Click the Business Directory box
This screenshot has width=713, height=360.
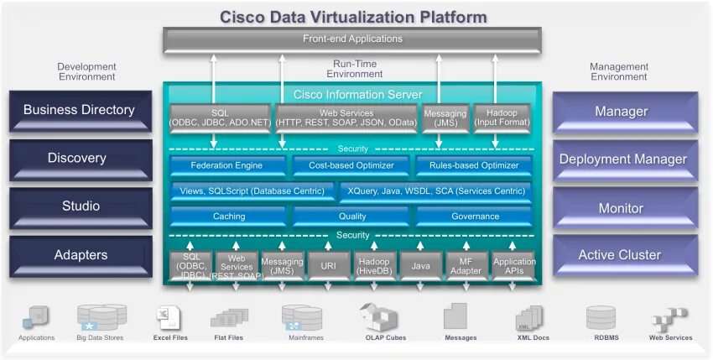click(x=79, y=110)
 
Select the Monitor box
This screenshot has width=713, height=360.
click(x=621, y=208)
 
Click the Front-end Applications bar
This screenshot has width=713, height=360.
click(x=352, y=39)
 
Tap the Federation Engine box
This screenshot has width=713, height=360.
click(x=226, y=166)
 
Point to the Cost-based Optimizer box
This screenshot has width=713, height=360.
click(x=351, y=166)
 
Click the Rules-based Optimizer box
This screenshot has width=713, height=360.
click(x=474, y=166)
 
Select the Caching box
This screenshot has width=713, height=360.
click(x=228, y=217)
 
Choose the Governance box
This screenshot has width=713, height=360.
click(x=475, y=217)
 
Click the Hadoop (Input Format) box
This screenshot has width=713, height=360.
click(x=502, y=118)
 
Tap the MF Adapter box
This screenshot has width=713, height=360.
click(x=466, y=265)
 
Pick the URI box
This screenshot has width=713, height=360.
click(x=328, y=265)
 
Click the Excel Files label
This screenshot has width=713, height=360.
click(x=170, y=338)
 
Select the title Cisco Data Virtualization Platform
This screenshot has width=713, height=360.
click(x=353, y=16)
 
